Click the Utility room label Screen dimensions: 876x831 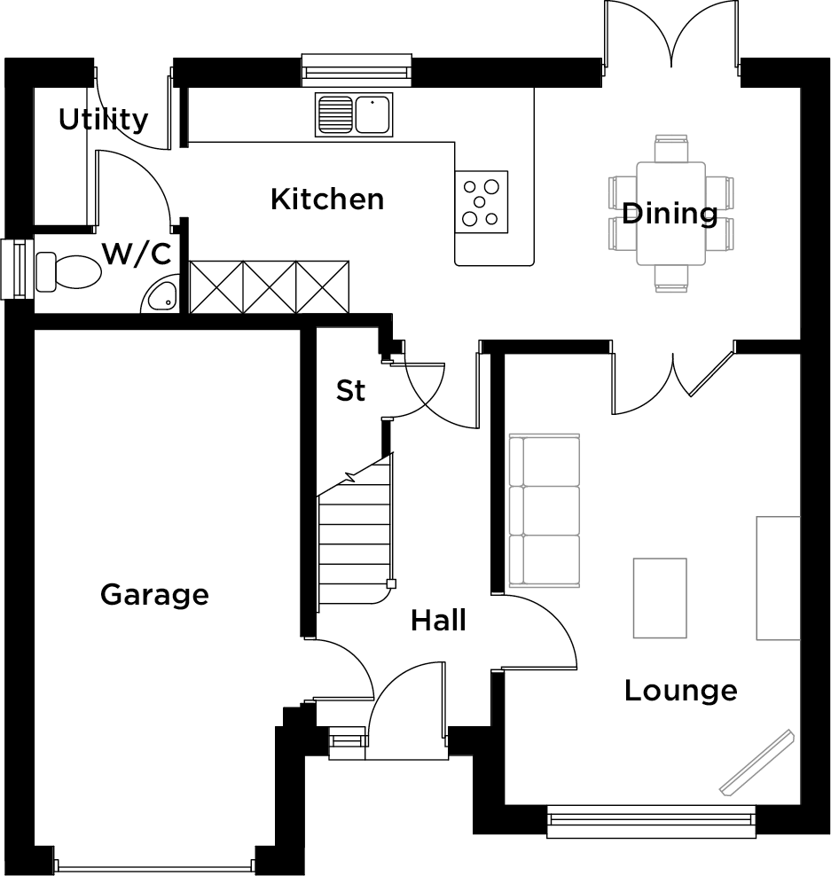103,119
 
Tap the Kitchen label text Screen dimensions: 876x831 326,199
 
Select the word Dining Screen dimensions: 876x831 670,213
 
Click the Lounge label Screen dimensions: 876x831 680,690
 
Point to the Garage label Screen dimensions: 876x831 154,593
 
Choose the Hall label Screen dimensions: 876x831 438,621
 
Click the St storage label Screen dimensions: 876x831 350,390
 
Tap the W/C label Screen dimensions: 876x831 136,254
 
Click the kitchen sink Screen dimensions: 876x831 355,114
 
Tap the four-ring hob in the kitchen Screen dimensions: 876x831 482,201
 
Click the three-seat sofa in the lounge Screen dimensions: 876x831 544,511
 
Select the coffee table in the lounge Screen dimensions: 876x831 660,598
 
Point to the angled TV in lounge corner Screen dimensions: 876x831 756,762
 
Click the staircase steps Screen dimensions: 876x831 355,541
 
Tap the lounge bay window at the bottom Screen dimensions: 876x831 651,820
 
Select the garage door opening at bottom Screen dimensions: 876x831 154,866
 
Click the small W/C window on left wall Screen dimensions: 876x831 14,270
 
